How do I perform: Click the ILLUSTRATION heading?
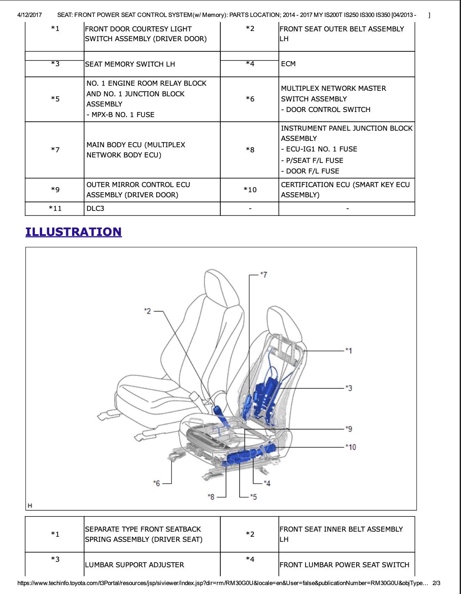tap(73, 232)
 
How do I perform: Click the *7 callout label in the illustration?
tap(264, 275)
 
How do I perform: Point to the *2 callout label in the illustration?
tap(147, 311)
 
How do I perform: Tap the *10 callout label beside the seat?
tap(350, 447)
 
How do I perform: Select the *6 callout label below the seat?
tap(157, 483)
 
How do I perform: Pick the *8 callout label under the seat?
tap(211, 496)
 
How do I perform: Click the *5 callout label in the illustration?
tap(253, 496)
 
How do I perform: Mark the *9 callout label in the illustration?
tap(349, 429)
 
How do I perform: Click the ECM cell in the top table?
tap(288, 64)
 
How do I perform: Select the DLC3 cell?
tap(96, 208)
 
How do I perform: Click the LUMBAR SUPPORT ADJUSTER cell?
tap(135, 565)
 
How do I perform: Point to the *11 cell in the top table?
tap(55, 208)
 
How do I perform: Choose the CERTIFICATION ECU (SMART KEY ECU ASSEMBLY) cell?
tap(345, 190)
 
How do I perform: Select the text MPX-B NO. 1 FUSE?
tap(122, 115)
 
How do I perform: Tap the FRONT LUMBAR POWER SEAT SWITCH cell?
tap(344, 565)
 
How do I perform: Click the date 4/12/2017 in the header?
tap(30, 15)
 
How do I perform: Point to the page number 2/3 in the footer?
tap(436, 583)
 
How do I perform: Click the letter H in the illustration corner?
tap(30, 505)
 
